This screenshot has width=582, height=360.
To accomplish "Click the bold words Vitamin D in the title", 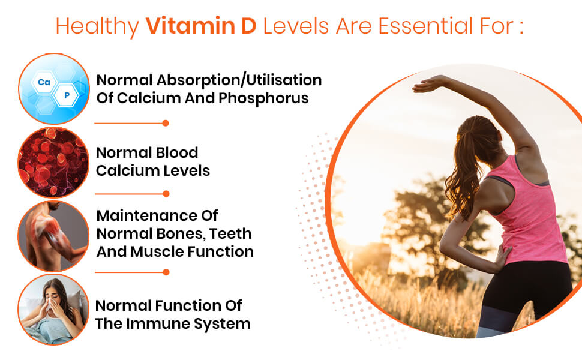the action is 201,26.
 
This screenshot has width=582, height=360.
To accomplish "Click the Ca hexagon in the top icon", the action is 44,82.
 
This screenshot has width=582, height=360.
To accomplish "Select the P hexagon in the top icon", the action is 67,95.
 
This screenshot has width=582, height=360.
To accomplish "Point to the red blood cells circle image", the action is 53,162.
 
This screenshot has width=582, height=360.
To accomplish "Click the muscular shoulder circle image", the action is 53,236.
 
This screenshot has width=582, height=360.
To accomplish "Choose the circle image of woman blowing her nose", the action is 53,310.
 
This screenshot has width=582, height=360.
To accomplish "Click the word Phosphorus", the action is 263,98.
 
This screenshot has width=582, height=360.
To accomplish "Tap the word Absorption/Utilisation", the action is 239,80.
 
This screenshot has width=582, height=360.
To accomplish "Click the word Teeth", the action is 230,234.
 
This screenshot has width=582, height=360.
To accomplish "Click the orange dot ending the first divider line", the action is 166,123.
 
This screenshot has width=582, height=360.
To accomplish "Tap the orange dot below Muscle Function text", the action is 166,272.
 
